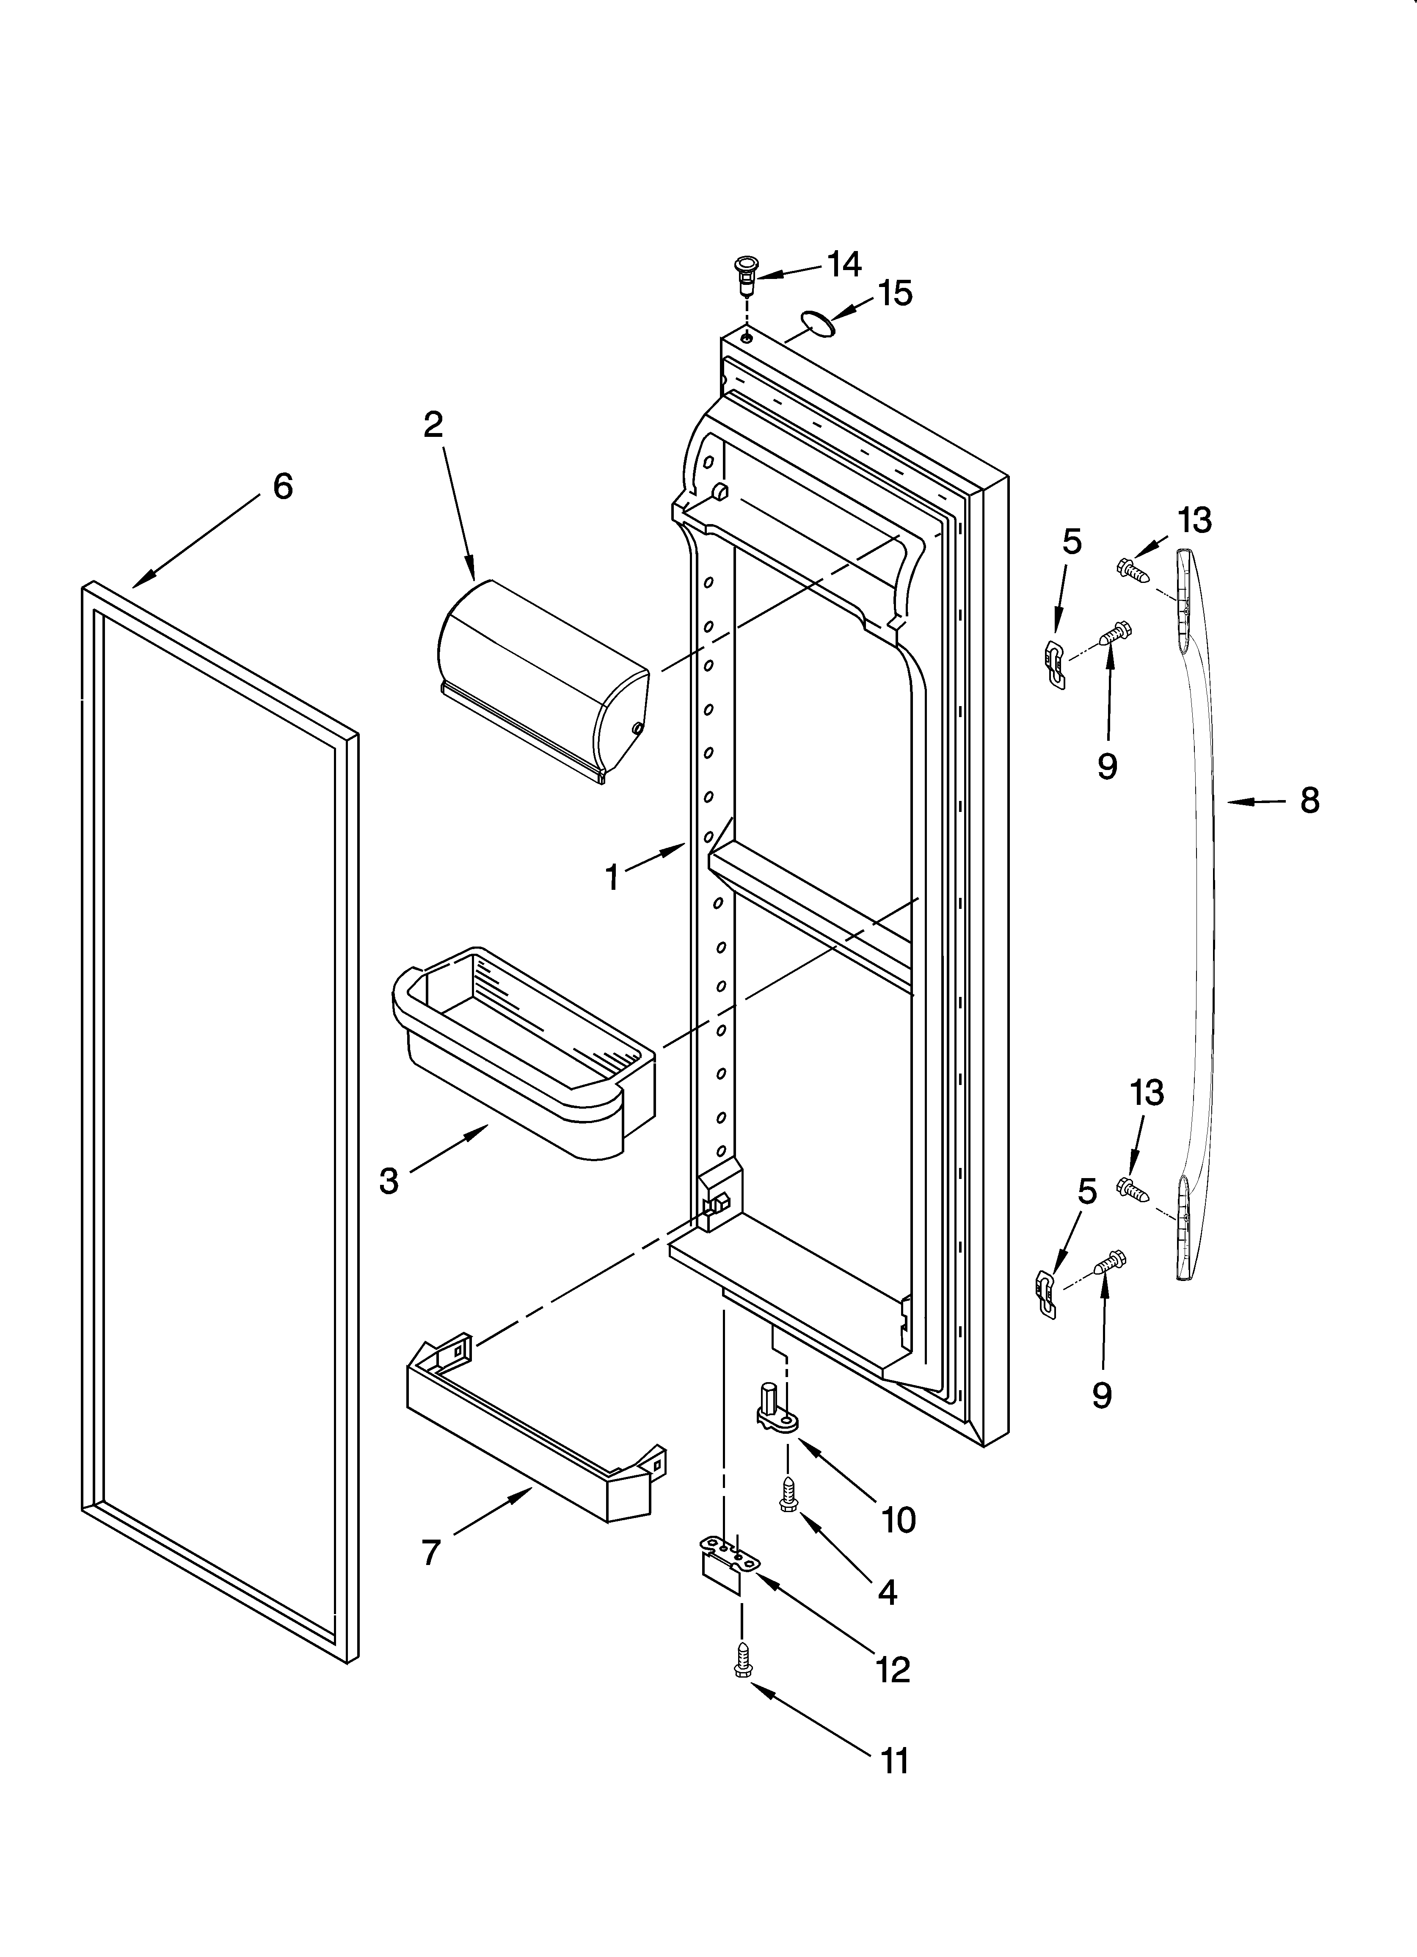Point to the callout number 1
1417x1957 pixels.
tap(612, 878)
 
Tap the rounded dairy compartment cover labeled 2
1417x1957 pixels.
tap(542, 680)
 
